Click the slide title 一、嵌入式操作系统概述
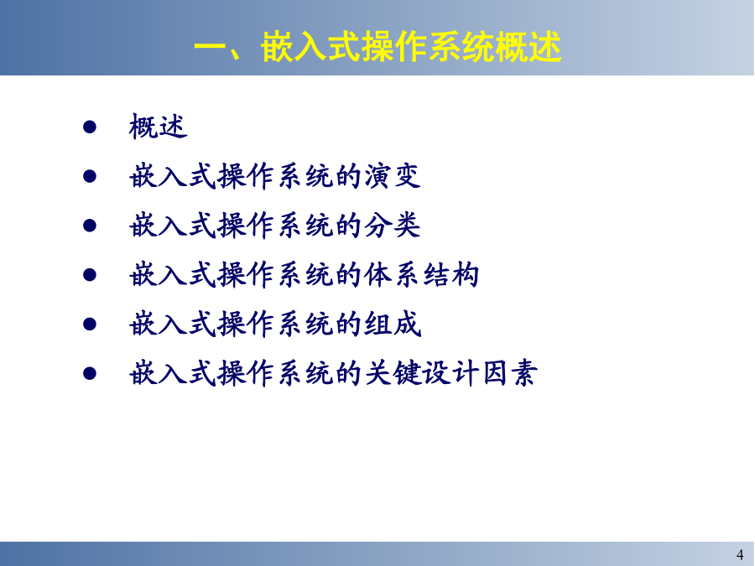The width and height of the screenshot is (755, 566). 377,47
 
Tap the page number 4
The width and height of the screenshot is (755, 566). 740,554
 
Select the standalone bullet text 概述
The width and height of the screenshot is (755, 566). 158,127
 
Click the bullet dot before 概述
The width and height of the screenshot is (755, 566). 90,127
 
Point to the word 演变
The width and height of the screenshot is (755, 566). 392,176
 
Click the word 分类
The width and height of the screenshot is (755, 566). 392,226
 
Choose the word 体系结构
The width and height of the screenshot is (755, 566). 421,275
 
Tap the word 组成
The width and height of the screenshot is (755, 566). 393,324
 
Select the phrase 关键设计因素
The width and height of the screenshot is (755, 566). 450,373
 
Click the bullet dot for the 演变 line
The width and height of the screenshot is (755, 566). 90,176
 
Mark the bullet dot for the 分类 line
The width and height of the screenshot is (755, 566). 90,226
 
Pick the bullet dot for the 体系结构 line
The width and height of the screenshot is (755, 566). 90,275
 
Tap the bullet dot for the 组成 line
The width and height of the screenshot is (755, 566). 90,324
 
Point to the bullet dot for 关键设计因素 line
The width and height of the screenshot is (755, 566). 90,373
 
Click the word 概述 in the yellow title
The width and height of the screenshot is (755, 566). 528,47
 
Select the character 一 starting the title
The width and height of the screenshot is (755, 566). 210,47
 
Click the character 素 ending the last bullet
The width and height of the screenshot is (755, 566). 523,373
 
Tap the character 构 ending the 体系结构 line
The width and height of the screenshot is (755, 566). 466,275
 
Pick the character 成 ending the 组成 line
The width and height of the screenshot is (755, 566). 408,324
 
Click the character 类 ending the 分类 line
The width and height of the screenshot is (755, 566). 407,226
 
